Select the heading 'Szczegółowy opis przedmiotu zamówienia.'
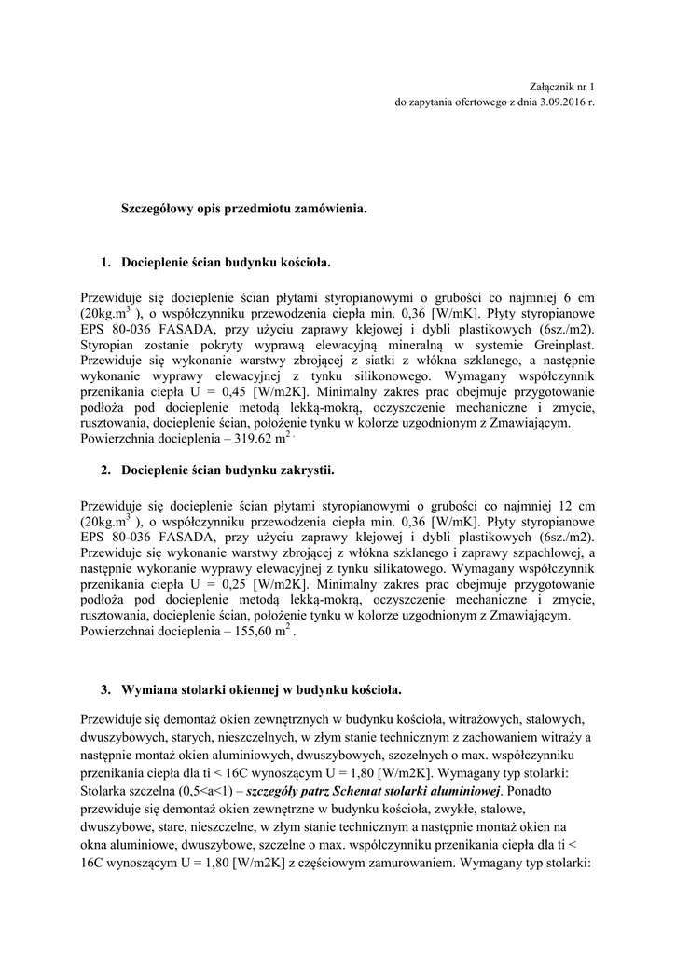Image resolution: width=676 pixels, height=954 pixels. pos(245,209)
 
